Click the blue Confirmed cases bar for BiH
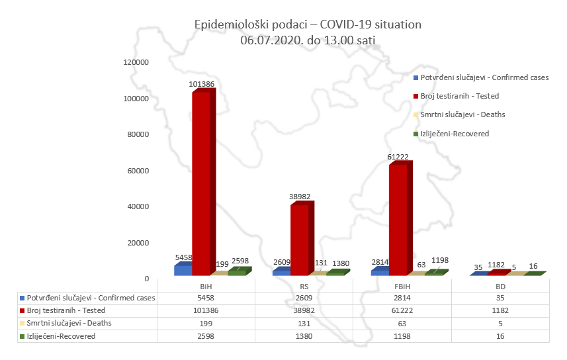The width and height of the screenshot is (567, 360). (x=183, y=270)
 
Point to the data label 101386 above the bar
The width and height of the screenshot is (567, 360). (x=201, y=84)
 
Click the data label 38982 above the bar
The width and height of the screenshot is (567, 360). (x=300, y=197)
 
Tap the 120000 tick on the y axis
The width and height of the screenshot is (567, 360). (x=136, y=62)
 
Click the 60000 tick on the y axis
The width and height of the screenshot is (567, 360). (x=138, y=171)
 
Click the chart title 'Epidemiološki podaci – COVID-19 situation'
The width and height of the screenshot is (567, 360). (x=308, y=24)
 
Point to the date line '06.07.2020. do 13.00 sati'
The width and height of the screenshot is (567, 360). (x=308, y=40)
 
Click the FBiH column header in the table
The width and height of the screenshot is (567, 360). (x=402, y=286)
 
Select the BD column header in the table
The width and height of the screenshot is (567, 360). (x=500, y=286)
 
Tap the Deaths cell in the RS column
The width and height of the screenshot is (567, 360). (x=304, y=323)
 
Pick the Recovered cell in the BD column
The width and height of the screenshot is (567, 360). (x=500, y=336)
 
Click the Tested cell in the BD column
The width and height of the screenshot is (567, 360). (x=500, y=310)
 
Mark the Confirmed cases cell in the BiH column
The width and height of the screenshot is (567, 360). (x=206, y=298)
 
